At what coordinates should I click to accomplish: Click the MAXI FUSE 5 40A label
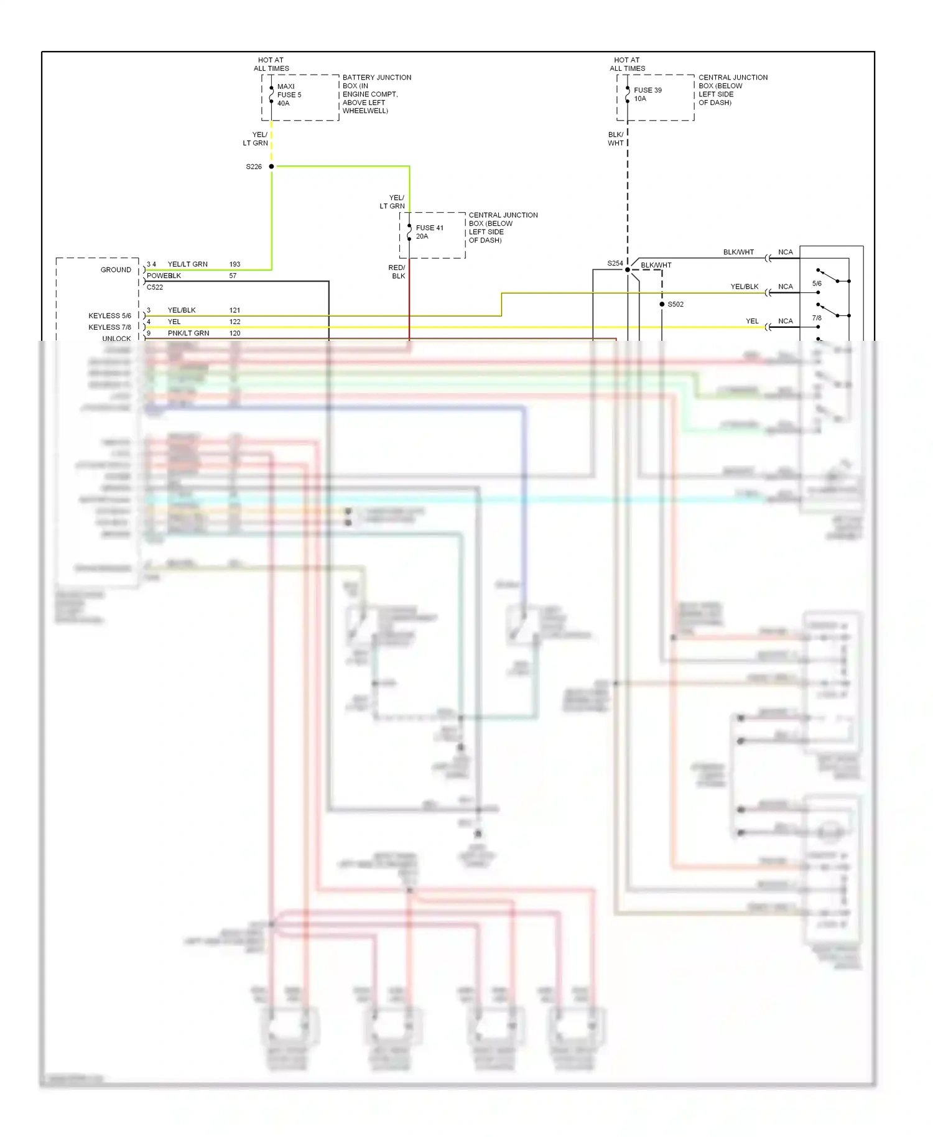point(289,95)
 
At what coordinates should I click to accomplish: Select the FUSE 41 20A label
point(429,232)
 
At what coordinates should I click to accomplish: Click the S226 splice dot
point(271,167)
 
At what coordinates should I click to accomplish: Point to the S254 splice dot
point(627,269)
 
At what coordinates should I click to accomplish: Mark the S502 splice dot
point(662,304)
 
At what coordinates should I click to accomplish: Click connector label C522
point(155,287)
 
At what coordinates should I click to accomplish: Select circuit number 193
point(234,264)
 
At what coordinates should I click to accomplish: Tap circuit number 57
point(233,276)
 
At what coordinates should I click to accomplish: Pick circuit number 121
point(234,310)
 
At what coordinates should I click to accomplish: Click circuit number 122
point(234,322)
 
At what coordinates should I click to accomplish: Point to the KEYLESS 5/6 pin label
point(109,316)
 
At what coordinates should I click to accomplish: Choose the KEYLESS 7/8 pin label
point(109,327)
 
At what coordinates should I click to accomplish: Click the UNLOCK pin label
point(116,338)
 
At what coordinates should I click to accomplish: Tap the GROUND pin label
point(116,270)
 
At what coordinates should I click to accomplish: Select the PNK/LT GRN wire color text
point(188,333)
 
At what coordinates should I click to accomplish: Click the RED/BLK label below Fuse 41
point(397,272)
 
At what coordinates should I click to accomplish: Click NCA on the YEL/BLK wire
point(785,287)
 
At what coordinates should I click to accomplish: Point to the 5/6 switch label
point(817,284)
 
